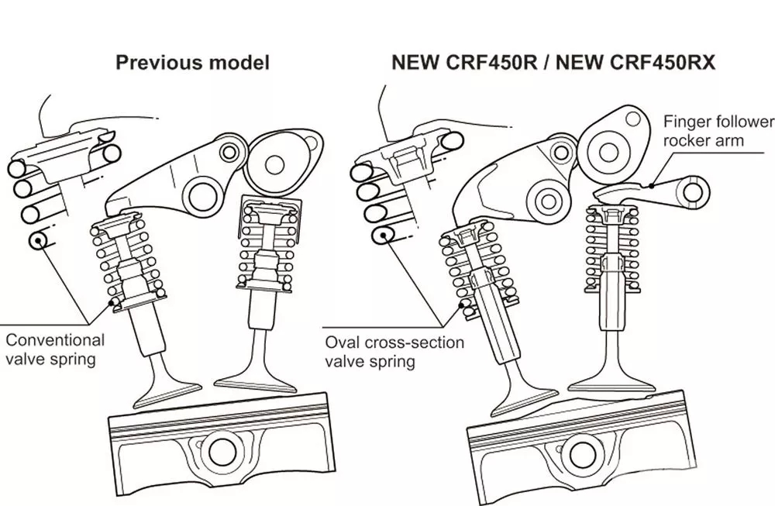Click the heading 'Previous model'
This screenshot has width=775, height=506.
192,63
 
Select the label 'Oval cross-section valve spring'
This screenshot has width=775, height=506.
394,352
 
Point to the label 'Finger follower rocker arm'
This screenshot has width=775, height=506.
718,131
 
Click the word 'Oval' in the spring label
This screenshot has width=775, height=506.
342,342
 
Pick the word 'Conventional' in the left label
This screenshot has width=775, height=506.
54,339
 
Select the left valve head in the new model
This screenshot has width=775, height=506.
527,387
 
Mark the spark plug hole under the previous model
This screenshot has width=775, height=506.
222,450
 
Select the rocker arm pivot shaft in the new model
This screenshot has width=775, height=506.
548,201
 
